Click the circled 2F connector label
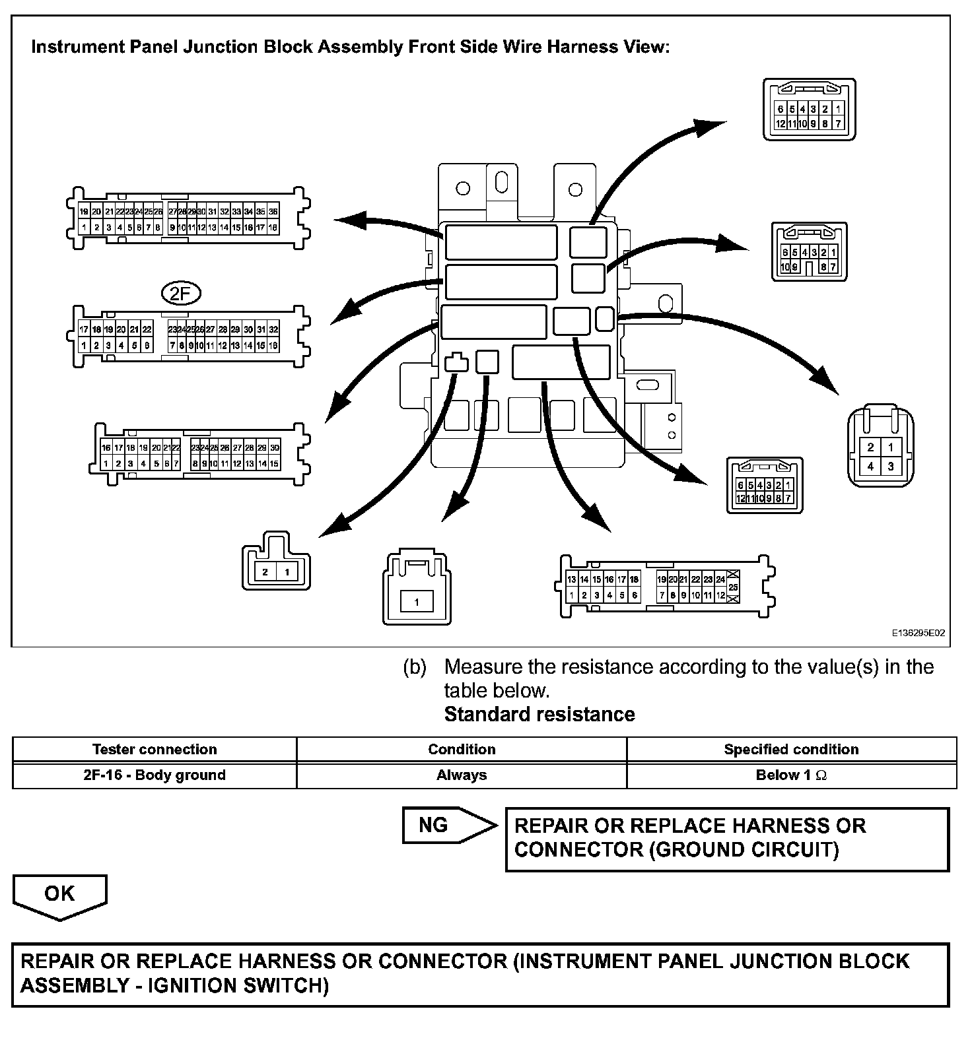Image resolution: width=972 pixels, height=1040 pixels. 180,294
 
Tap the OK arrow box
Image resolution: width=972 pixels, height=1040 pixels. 59,895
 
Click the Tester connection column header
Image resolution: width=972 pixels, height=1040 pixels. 155,750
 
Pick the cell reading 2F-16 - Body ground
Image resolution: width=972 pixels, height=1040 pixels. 155,775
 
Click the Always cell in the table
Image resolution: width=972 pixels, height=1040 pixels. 462,775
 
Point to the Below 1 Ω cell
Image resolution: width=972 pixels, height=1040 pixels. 791,775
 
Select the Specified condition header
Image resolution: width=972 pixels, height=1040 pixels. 791,750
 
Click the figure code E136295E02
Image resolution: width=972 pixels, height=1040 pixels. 919,632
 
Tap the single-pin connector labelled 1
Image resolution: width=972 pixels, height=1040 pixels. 417,602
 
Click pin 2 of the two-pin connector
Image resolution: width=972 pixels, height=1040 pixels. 265,572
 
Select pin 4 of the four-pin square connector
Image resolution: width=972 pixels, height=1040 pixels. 871,467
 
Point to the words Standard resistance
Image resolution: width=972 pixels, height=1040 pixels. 539,715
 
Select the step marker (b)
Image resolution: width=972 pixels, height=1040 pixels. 415,667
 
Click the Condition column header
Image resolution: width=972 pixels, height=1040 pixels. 462,750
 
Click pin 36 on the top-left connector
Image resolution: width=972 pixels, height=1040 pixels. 273,212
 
